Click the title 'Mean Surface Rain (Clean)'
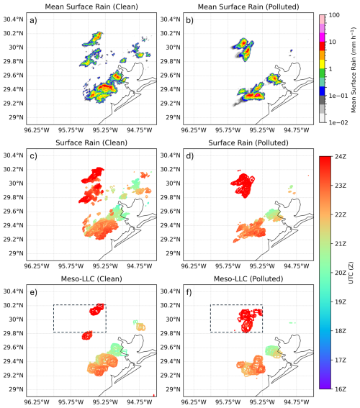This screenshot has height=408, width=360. click(x=91, y=6)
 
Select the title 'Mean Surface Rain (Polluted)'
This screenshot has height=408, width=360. click(x=248, y=6)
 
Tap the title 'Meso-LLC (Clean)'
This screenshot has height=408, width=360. click(x=91, y=278)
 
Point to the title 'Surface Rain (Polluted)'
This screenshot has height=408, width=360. click(x=248, y=142)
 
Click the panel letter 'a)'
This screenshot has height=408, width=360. click(x=33, y=20)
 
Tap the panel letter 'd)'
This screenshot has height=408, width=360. click(x=190, y=156)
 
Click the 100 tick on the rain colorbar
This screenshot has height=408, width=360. click(x=334, y=15)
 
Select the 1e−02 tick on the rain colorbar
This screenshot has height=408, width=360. click(x=338, y=122)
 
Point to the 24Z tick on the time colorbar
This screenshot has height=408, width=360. click(x=338, y=157)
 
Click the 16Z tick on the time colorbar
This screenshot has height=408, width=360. click(x=338, y=389)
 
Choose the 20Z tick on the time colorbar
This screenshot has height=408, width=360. click(x=338, y=273)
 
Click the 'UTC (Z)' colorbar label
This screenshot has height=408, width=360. click(x=351, y=273)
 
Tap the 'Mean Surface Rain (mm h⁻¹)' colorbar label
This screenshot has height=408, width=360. click(x=354, y=70)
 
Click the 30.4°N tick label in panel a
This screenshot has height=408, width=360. click(x=13, y=19)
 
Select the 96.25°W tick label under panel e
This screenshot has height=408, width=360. click(x=37, y=402)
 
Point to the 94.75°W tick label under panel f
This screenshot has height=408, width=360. click(x=296, y=402)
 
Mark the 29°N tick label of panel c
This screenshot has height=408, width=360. click(x=16, y=253)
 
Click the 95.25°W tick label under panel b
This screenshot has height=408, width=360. click(x=262, y=130)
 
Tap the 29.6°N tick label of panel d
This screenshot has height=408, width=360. click(x=170, y=212)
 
